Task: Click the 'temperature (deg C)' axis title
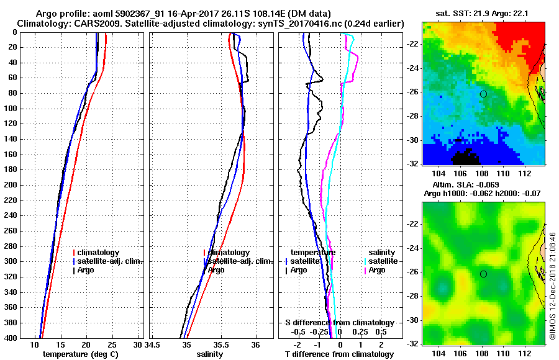coord(80,354)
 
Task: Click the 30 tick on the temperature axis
coord(138,344)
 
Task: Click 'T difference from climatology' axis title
coord(339,354)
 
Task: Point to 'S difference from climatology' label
coord(339,323)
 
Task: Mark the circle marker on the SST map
coord(483,94)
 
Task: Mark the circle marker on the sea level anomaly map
coord(483,274)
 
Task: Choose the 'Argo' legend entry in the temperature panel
coord(86,270)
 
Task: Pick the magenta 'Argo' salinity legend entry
coord(376,270)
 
